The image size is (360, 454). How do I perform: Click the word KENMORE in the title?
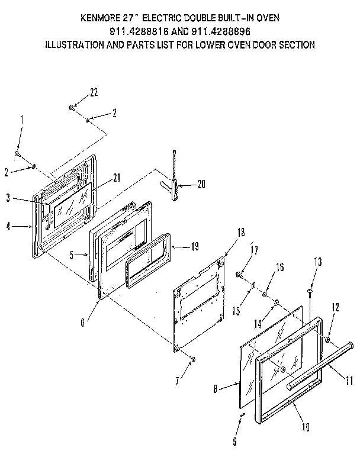pos(100,18)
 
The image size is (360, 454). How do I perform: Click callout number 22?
pos(93,92)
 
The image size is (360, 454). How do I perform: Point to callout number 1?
pos(22,119)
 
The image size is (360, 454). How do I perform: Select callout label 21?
pos(117,178)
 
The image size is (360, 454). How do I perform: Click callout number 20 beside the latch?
pos(201,185)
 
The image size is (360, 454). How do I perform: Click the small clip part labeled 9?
pos(241,418)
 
